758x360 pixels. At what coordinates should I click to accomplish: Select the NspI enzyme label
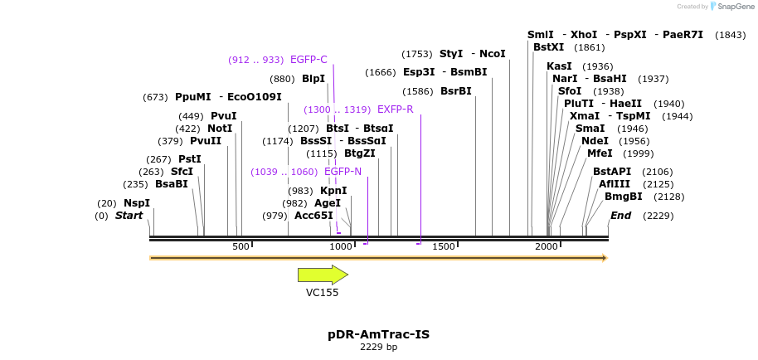coord(137,203)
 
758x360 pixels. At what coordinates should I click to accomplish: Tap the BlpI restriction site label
coord(313,79)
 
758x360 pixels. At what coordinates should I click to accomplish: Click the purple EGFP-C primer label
coord(309,60)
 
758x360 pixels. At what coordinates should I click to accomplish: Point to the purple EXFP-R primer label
coord(395,109)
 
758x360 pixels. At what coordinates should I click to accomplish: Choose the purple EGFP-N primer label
coord(343,172)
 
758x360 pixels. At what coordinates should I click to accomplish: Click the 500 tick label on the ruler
coord(241,247)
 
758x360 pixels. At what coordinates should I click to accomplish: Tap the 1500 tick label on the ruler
coord(444,247)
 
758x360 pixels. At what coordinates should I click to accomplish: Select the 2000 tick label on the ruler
coord(547,247)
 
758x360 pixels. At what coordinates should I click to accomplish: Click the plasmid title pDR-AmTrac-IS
coord(378,334)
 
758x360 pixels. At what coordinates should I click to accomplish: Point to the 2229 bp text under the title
coord(378,348)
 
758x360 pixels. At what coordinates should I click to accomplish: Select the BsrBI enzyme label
coord(456,91)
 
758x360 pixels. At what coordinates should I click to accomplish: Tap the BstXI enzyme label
coord(548,47)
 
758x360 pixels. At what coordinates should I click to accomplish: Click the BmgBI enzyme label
coord(623,197)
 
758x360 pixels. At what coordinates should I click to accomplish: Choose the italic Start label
coord(129,216)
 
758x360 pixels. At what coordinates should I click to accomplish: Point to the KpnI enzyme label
coord(333,191)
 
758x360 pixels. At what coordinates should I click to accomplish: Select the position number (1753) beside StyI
coord(417,54)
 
